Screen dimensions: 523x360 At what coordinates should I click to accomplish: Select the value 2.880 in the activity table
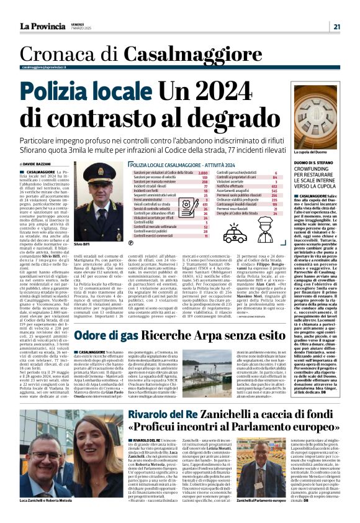click(x=202, y=172)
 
